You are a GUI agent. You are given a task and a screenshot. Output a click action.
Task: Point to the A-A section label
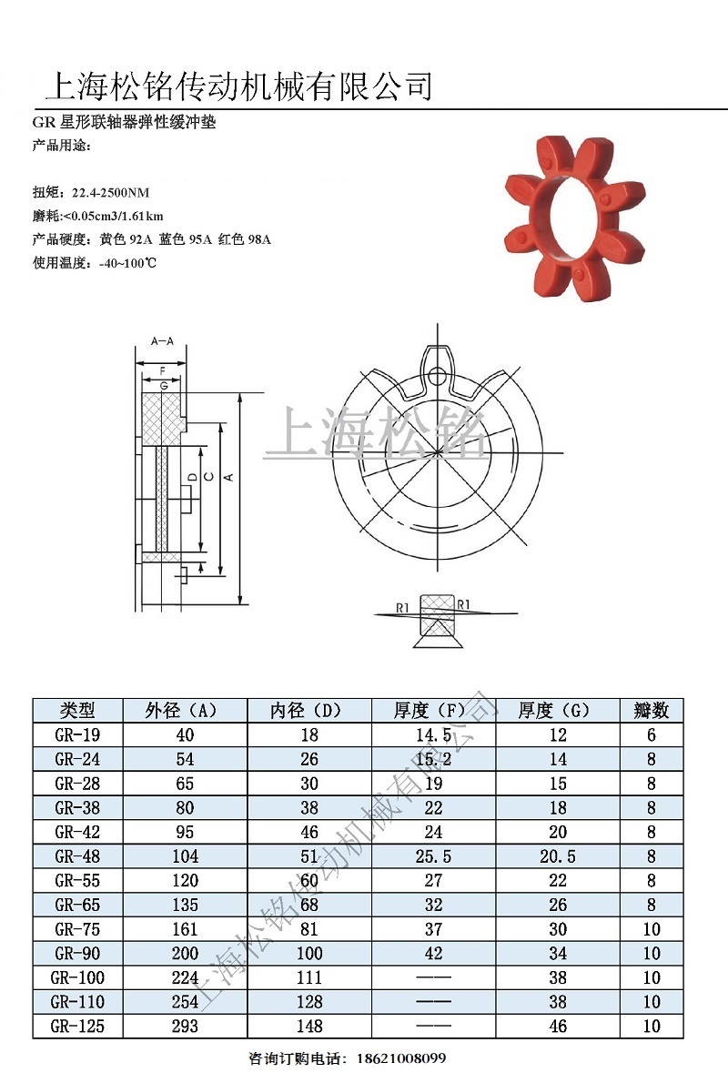(162, 341)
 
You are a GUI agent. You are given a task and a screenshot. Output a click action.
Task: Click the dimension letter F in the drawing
(162, 370)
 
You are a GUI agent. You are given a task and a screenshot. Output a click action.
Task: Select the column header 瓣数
(652, 711)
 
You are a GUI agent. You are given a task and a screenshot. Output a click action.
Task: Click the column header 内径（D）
(309, 711)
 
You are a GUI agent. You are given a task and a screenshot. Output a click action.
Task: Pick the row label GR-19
(77, 735)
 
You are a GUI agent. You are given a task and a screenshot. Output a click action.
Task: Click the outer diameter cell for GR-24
(184, 759)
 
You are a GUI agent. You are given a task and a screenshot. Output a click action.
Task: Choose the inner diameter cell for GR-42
(309, 832)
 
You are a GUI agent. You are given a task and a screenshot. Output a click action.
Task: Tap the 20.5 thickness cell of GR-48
(558, 856)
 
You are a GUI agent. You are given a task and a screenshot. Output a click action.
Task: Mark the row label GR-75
(77, 929)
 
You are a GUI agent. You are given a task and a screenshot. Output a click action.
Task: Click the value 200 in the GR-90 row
(184, 954)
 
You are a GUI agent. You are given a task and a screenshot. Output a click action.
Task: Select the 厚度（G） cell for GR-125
(558, 1027)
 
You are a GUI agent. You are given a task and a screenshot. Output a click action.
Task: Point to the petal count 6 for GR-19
(652, 735)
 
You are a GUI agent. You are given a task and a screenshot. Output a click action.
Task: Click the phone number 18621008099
(399, 1058)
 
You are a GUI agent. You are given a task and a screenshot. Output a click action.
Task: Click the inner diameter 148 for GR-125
(309, 1027)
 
